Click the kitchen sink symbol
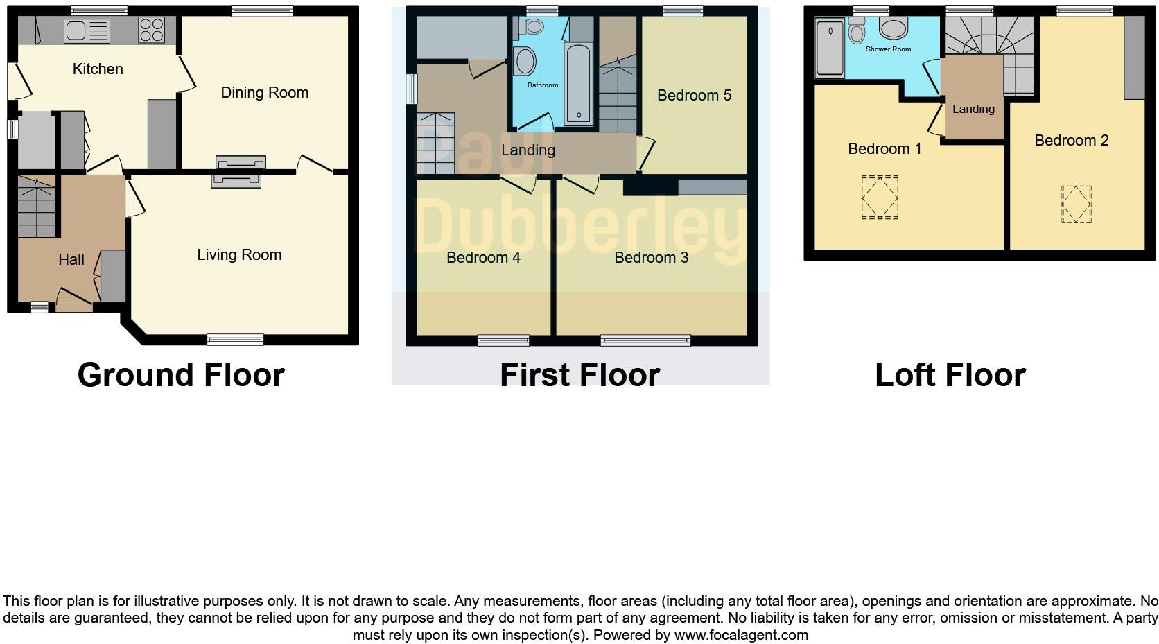point(87,31)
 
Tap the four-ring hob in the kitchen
point(151,31)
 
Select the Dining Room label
point(264,93)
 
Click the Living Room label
point(239,255)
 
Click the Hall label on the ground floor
point(71,260)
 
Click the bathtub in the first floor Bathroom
point(579,83)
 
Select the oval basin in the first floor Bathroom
point(525,62)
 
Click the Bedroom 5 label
point(694,96)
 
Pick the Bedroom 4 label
point(483,258)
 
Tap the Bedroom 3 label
point(651,258)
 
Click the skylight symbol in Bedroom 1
point(880,198)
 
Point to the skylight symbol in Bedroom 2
point(1076,204)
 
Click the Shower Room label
point(888,49)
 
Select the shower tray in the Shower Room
point(830,48)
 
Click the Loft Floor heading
point(950,375)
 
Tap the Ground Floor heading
point(181,375)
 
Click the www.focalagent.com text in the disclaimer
point(741,635)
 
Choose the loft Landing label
point(973,110)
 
